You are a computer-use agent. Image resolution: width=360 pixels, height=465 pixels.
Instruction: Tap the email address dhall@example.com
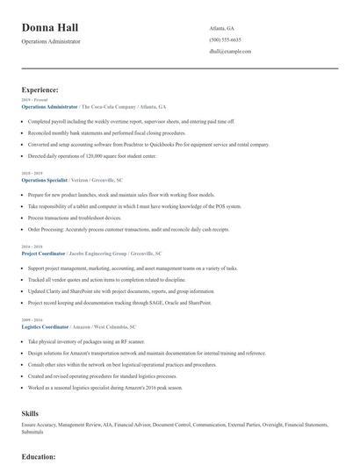pyautogui.click(x=231, y=52)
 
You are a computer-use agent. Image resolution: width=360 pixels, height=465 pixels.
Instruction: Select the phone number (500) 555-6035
pyautogui.click(x=225, y=39)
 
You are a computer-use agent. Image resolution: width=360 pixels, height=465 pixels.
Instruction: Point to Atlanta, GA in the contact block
pyautogui.click(x=222, y=28)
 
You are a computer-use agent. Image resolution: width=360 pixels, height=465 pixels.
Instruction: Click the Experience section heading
pyautogui.click(x=40, y=89)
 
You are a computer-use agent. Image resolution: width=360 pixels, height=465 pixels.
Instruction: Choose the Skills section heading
pyautogui.click(x=30, y=412)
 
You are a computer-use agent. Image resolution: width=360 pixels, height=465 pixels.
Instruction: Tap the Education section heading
pyautogui.click(x=39, y=457)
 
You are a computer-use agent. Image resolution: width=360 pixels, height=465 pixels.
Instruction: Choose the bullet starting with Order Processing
pyautogui.click(x=128, y=228)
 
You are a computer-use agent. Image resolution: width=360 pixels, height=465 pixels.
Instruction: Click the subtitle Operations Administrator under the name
pyautogui.click(x=51, y=41)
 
